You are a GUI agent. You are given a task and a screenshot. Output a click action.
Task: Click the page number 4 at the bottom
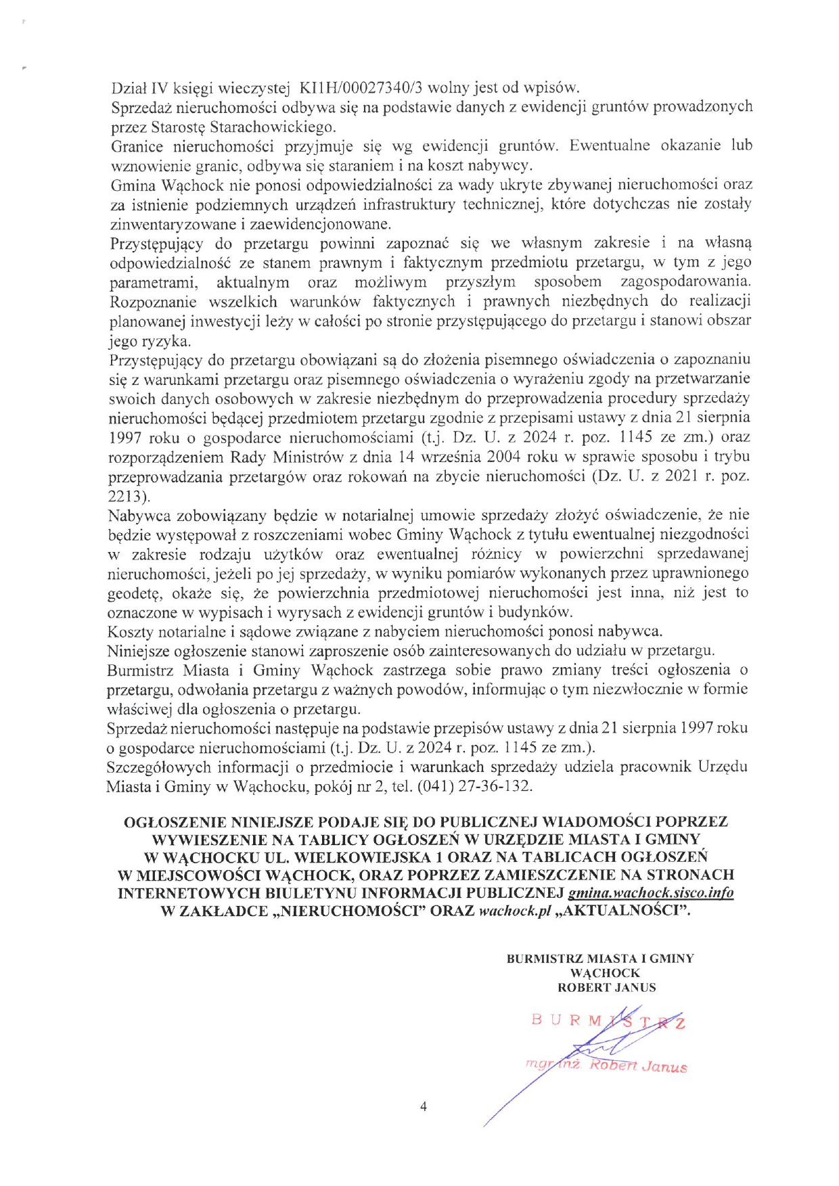(x=424, y=1107)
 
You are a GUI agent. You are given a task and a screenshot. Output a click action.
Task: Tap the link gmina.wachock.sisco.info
(x=651, y=892)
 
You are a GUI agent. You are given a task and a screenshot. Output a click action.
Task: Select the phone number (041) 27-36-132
(x=474, y=786)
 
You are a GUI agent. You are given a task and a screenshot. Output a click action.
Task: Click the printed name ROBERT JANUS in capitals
(x=606, y=987)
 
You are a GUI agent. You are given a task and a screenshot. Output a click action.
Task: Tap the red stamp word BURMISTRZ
(x=608, y=1021)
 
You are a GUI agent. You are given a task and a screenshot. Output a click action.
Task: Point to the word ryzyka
(x=168, y=341)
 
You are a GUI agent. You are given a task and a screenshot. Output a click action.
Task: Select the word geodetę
(x=133, y=593)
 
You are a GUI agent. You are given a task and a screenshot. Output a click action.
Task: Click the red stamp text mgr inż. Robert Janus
(x=606, y=1066)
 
